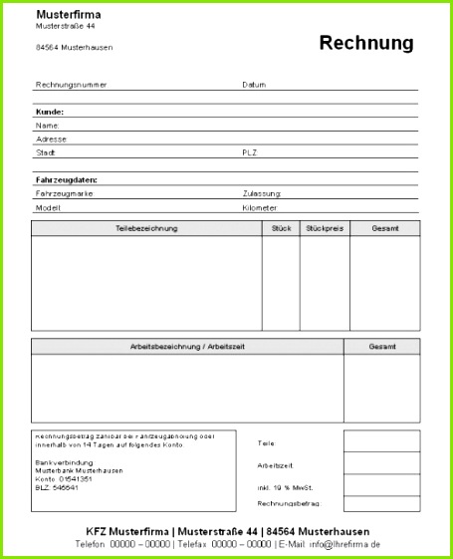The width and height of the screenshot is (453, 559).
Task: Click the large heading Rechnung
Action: [x=365, y=43]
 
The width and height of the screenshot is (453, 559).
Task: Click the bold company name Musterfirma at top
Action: [x=68, y=15]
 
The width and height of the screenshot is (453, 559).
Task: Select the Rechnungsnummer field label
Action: [x=71, y=85]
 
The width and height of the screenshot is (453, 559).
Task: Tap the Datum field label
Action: [x=254, y=85]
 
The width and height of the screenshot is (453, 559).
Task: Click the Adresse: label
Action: [x=51, y=140]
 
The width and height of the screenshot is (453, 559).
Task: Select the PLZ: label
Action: [x=250, y=152]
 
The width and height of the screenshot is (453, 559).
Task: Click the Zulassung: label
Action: [x=262, y=193]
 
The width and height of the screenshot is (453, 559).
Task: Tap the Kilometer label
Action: [x=259, y=208]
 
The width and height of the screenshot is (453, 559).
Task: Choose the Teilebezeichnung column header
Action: [x=146, y=229]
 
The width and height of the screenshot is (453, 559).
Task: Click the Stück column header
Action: [x=281, y=229]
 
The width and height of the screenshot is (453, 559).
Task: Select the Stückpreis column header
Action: [x=325, y=229]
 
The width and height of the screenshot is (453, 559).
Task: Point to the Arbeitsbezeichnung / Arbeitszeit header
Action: [x=187, y=347]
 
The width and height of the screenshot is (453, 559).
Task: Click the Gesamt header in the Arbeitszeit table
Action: [x=381, y=347]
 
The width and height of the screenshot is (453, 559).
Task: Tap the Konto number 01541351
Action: [x=77, y=479]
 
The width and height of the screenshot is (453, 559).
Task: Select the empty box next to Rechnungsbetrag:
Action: [x=381, y=504]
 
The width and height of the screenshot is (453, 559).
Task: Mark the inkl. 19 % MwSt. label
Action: [x=285, y=487]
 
